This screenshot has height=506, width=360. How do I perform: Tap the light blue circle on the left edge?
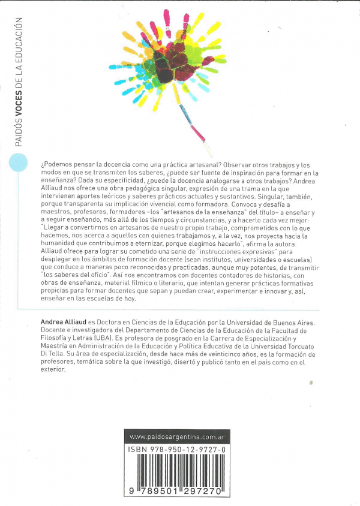tap(19, 162)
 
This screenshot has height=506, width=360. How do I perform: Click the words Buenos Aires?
tap(292, 323)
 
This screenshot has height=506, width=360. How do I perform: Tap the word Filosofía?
tap(58, 338)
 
